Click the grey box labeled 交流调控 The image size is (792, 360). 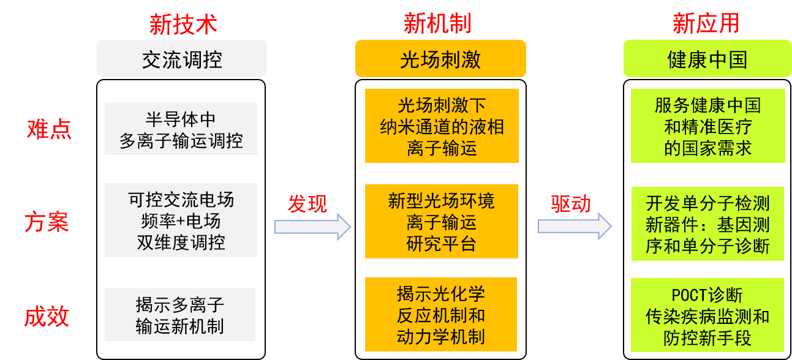[x=182, y=59]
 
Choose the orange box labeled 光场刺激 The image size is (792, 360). [x=440, y=59]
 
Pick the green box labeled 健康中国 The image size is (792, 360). [x=707, y=59]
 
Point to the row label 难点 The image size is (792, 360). [x=49, y=129]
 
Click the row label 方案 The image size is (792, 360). [x=47, y=222]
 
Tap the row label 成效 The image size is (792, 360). [x=47, y=317]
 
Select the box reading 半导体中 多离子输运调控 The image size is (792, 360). [x=181, y=129]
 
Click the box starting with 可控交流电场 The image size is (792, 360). [x=181, y=220]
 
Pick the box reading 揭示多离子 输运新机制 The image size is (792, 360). [x=180, y=315]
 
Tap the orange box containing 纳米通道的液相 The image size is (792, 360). [x=442, y=126]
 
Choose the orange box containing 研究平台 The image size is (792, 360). [x=442, y=221]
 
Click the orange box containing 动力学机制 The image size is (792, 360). [x=441, y=314]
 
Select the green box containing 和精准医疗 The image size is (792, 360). [x=707, y=126]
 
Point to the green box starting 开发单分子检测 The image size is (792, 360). [x=707, y=224]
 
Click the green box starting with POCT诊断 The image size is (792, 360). [x=707, y=316]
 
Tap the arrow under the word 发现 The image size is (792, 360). [x=312, y=227]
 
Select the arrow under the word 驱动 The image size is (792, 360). [x=575, y=227]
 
